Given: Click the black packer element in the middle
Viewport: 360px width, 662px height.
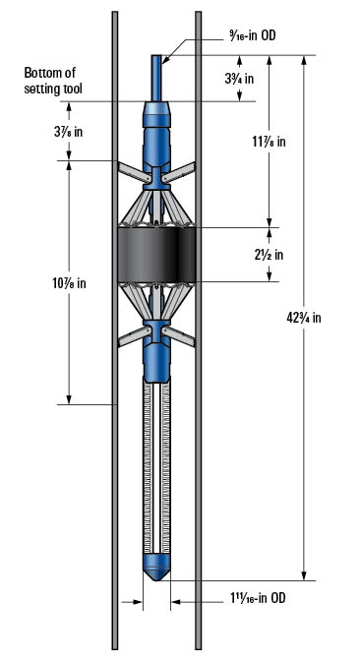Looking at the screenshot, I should point(157,254).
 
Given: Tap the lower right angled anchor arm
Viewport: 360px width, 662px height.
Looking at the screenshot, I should point(183,336).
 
